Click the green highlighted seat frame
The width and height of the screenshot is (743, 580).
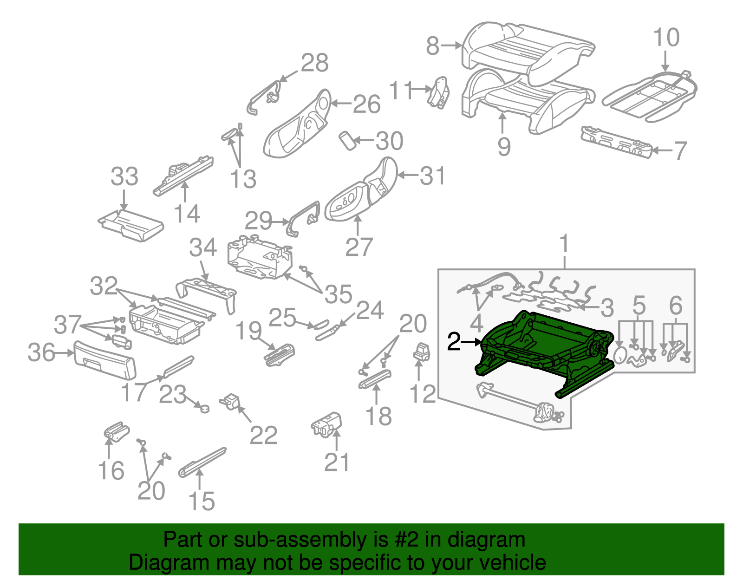[543, 348]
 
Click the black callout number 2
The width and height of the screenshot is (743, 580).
[454, 342]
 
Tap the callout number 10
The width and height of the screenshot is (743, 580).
[666, 38]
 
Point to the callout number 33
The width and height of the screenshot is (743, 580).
[124, 177]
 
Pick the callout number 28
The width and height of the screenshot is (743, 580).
[314, 63]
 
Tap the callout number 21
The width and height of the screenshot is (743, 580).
[337, 462]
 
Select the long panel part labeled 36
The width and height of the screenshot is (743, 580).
[105, 359]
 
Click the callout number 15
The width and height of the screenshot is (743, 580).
[202, 502]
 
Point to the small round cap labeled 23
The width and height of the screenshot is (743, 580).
[203, 408]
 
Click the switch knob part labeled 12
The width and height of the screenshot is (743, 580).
[422, 352]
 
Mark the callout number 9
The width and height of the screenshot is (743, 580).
[503, 146]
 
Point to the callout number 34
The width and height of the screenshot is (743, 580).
[203, 248]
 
